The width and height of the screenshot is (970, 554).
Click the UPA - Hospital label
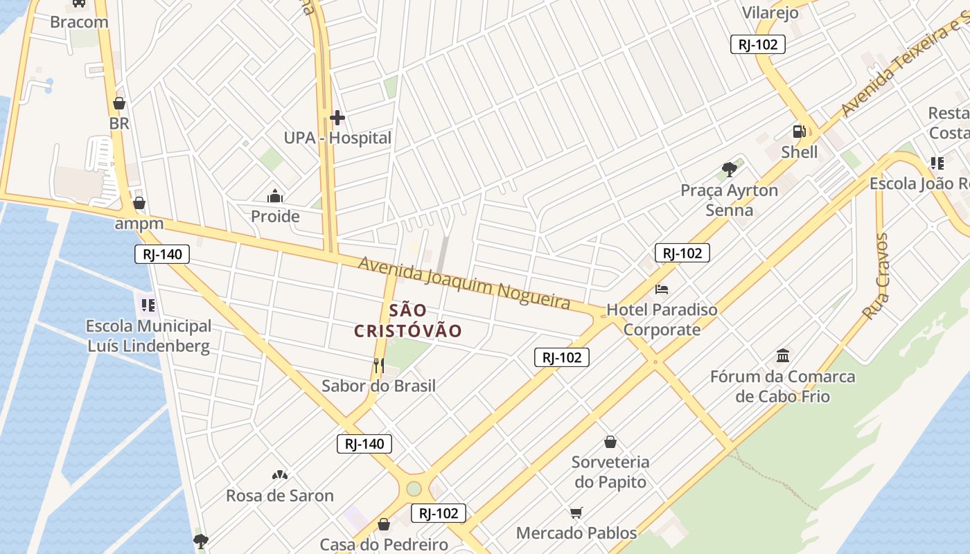point(337,138)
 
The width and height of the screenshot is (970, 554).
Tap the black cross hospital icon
point(337,118)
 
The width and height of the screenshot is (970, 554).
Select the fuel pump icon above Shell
point(799,131)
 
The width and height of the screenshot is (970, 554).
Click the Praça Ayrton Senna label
point(729,199)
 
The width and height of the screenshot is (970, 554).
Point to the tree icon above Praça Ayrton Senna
point(729,168)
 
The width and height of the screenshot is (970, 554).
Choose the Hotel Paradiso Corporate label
point(662,319)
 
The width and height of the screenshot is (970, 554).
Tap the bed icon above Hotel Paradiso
point(662,289)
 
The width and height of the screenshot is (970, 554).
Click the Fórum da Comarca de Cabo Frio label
point(782,386)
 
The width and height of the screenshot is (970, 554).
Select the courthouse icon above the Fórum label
point(783,356)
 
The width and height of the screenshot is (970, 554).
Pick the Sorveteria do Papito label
point(610,472)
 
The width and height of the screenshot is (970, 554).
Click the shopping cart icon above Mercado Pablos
point(576,512)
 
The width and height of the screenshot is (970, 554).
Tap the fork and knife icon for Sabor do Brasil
point(378,364)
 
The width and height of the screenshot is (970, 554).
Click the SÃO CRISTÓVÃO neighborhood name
point(407,321)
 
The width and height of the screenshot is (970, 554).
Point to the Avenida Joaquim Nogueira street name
point(464,283)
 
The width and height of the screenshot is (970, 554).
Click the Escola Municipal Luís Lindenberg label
point(148,336)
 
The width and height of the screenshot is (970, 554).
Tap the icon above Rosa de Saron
point(280,475)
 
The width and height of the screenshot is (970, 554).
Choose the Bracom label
point(79,21)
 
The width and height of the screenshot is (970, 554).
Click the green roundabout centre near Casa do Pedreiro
point(414,488)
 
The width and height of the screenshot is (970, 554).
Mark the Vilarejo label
point(770,12)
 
